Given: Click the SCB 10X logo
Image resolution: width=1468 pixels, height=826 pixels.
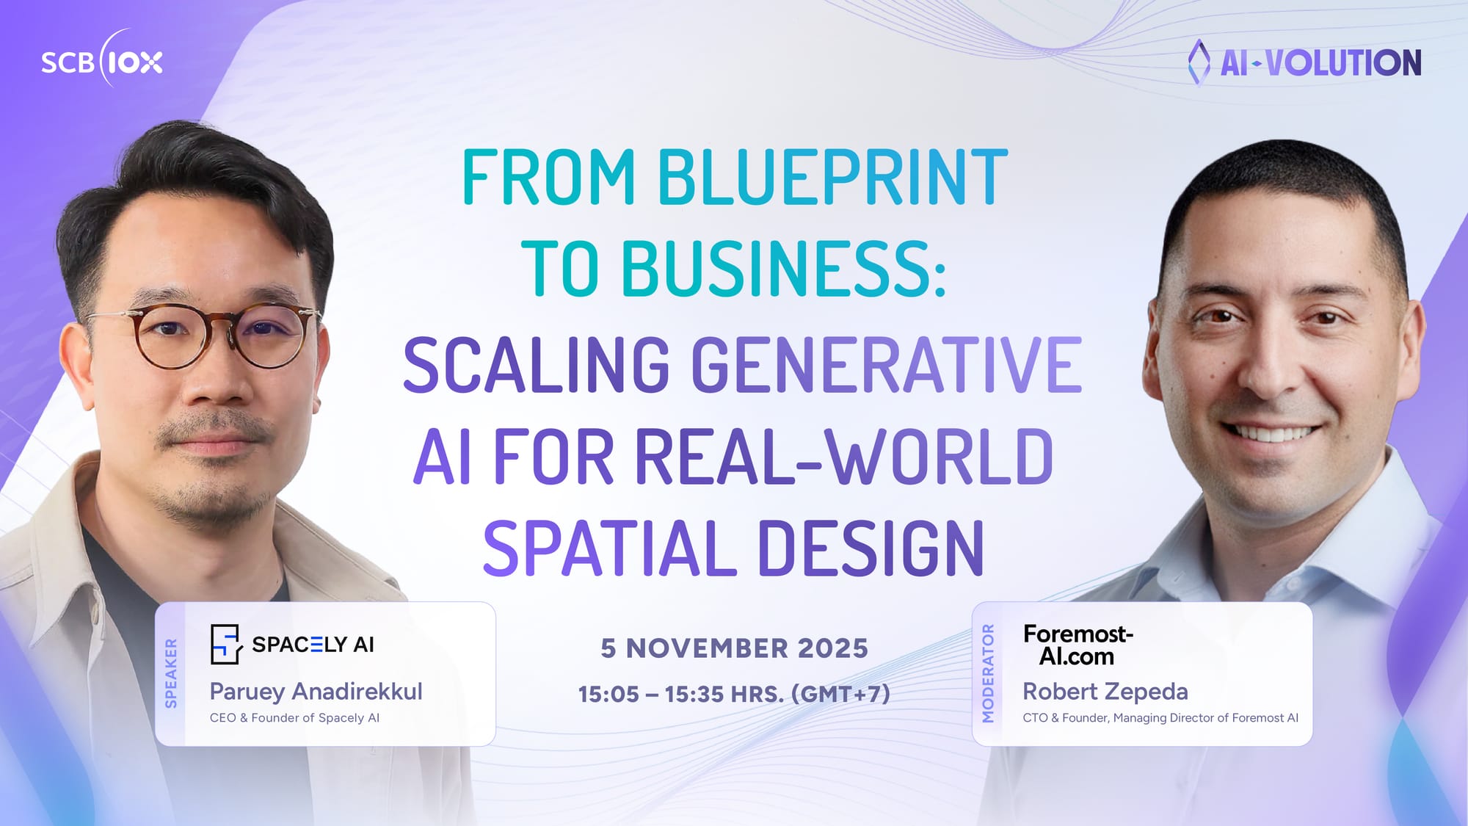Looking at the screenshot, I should (101, 62).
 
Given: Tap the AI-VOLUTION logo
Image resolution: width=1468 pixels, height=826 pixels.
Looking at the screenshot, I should (1305, 63).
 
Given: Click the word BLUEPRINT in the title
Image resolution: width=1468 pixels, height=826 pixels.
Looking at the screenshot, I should (832, 177).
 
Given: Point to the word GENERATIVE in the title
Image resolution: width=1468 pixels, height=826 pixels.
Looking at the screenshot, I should (887, 364).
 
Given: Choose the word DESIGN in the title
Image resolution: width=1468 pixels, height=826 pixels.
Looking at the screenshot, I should (871, 548).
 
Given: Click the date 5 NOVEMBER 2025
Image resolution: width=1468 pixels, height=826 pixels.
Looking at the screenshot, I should (734, 648).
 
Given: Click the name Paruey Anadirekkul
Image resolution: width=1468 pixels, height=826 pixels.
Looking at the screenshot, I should (316, 692).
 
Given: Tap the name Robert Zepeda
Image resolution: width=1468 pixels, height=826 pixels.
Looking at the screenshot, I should (1105, 692).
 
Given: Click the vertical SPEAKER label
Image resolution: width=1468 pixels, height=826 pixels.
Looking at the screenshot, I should (171, 673).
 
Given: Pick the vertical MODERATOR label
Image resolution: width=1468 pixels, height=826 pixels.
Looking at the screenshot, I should (988, 673).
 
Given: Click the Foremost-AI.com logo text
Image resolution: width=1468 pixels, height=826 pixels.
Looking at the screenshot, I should (1078, 645).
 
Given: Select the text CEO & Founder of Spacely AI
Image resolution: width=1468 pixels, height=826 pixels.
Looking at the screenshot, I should (294, 718).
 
